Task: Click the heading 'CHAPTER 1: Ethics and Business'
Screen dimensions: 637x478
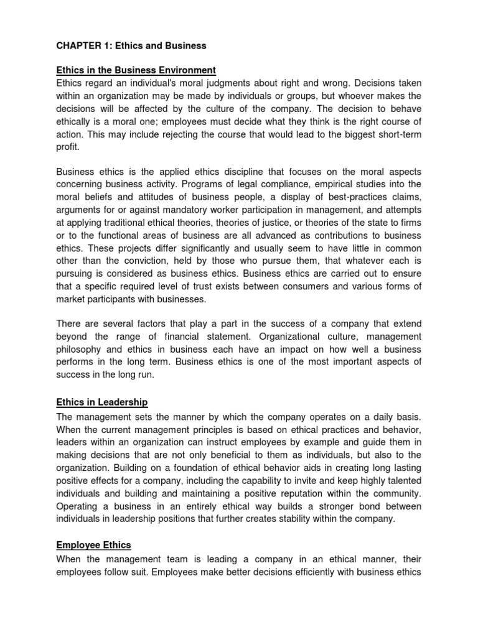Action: click(131, 46)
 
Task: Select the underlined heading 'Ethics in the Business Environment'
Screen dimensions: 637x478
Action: click(136, 70)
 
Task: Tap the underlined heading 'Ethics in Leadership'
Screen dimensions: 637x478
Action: click(102, 402)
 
